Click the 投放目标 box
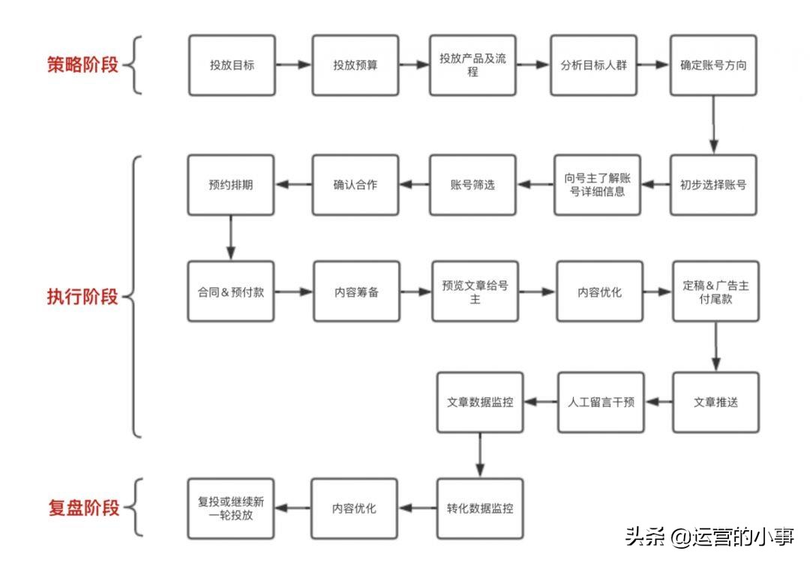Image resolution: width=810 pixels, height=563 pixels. (x=232, y=65)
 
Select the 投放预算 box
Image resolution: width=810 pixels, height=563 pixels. (x=355, y=65)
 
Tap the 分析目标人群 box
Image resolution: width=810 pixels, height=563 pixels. (x=593, y=65)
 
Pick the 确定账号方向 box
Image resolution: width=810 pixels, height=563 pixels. (x=713, y=65)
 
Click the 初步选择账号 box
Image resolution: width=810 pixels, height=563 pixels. (x=713, y=184)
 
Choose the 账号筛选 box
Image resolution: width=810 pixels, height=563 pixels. (x=472, y=184)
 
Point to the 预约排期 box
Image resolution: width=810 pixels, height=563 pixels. (x=231, y=184)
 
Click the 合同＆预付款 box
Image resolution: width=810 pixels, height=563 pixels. (x=231, y=292)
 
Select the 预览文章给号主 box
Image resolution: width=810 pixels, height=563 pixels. (x=475, y=292)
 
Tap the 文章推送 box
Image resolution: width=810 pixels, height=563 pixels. (x=715, y=402)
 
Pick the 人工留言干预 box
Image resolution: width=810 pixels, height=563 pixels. (x=600, y=402)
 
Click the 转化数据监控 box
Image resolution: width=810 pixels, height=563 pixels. (x=480, y=508)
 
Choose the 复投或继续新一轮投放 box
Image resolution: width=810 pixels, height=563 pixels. (x=231, y=508)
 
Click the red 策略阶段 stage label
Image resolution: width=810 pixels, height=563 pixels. (x=82, y=64)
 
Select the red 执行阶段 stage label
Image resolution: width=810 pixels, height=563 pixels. (x=82, y=297)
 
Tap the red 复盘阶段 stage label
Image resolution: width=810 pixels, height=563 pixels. (x=82, y=508)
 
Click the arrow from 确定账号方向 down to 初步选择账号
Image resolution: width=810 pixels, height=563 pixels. (x=713, y=124)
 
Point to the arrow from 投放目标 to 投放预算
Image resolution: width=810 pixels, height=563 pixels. (x=293, y=65)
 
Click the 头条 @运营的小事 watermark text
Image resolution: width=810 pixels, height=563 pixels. (x=709, y=538)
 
